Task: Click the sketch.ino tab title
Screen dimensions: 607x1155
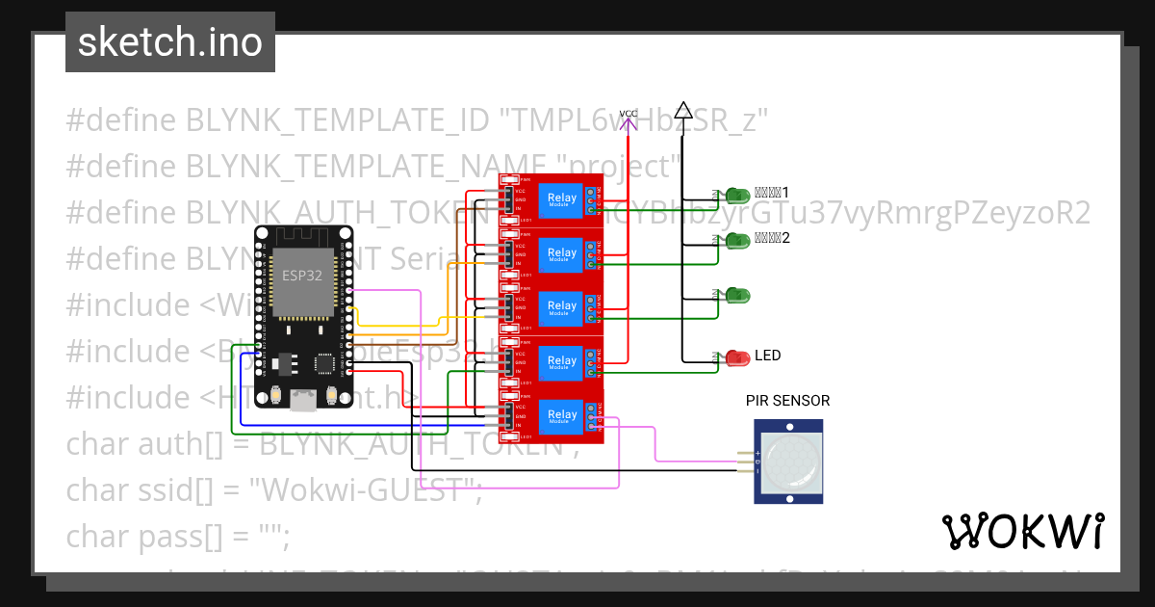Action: pos(169,42)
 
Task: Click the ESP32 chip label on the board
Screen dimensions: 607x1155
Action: pos(301,275)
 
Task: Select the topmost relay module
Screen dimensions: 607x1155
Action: pos(551,199)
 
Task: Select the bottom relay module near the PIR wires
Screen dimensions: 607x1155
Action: pos(551,417)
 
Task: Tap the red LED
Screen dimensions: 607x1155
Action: pos(737,357)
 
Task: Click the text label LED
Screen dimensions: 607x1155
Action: pos(767,356)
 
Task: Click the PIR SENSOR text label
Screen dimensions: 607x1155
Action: pos(787,401)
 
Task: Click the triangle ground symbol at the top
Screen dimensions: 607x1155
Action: pos(682,110)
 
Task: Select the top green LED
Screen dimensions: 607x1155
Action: pos(737,195)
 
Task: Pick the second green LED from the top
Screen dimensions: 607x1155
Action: pos(737,240)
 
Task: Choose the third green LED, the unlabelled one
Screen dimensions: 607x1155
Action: pos(737,294)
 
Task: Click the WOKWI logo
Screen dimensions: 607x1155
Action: pos(1022,531)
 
